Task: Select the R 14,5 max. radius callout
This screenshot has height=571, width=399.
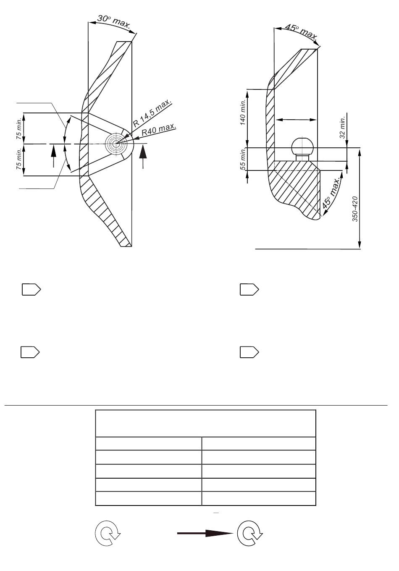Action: click(152, 113)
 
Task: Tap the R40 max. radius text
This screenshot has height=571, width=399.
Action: click(159, 130)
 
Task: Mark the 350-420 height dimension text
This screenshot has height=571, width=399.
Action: click(355, 209)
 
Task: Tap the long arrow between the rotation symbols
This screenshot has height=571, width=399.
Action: click(205, 533)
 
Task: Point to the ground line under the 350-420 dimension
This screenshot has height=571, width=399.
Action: click(308, 249)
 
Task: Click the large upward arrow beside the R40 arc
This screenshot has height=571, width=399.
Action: click(143, 156)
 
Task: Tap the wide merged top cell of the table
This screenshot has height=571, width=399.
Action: click(205, 424)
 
